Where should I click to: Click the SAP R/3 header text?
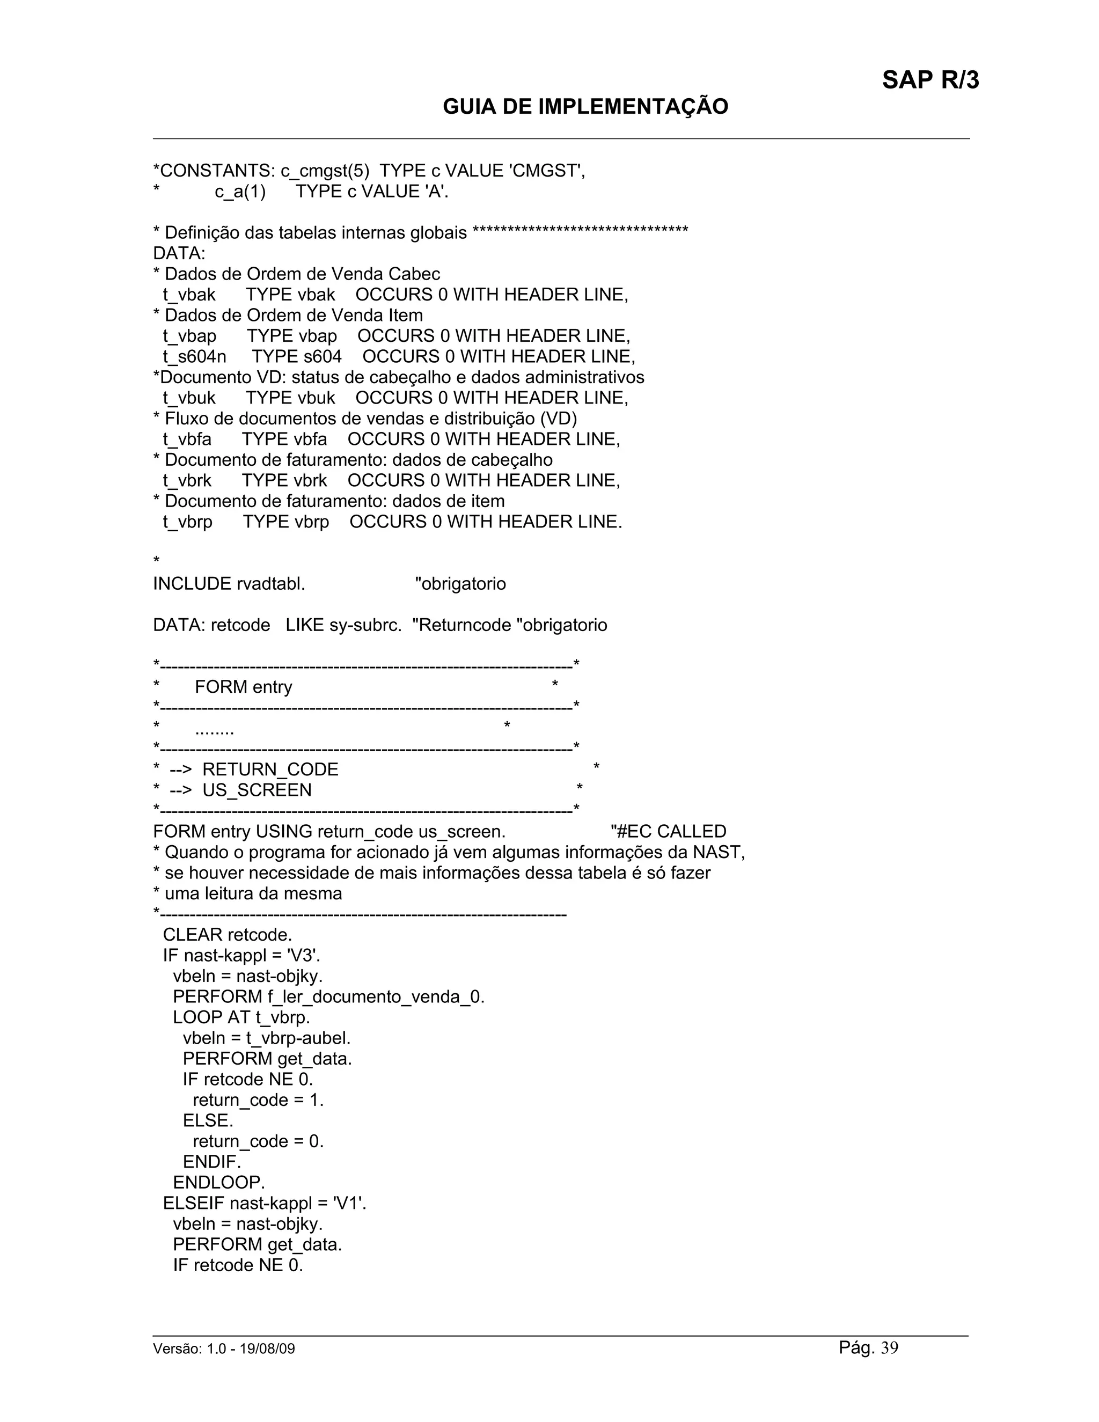[930, 80]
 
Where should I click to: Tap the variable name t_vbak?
[189, 295]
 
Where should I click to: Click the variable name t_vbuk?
[189, 398]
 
